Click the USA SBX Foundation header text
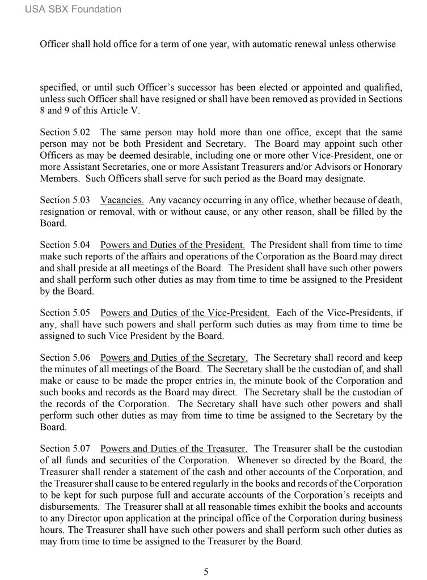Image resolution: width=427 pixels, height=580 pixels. click(x=73, y=9)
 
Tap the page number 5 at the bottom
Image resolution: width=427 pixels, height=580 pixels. click(x=206, y=572)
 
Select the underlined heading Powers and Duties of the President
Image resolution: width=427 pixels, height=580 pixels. click(x=172, y=245)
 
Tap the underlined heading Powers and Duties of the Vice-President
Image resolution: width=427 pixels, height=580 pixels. click(x=185, y=313)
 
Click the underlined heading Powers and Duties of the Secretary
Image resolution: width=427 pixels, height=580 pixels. click(x=174, y=358)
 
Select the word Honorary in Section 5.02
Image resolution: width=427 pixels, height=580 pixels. click(x=383, y=167)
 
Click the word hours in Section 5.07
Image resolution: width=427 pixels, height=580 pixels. click(x=52, y=529)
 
